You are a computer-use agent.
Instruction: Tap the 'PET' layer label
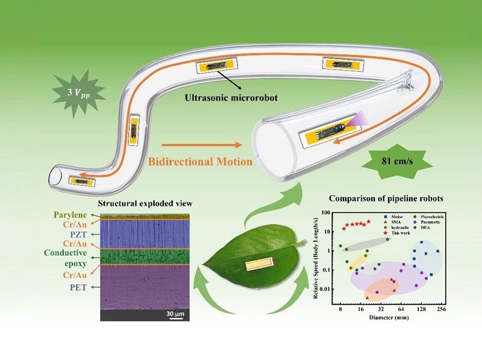tap(75, 287)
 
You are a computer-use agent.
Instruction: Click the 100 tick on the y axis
tap(326, 213)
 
